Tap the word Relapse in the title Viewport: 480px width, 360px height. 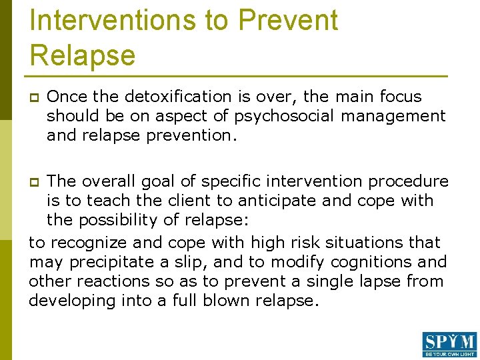[83, 55]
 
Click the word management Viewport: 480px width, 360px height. [393, 116]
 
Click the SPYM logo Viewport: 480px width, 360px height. [449, 344]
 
